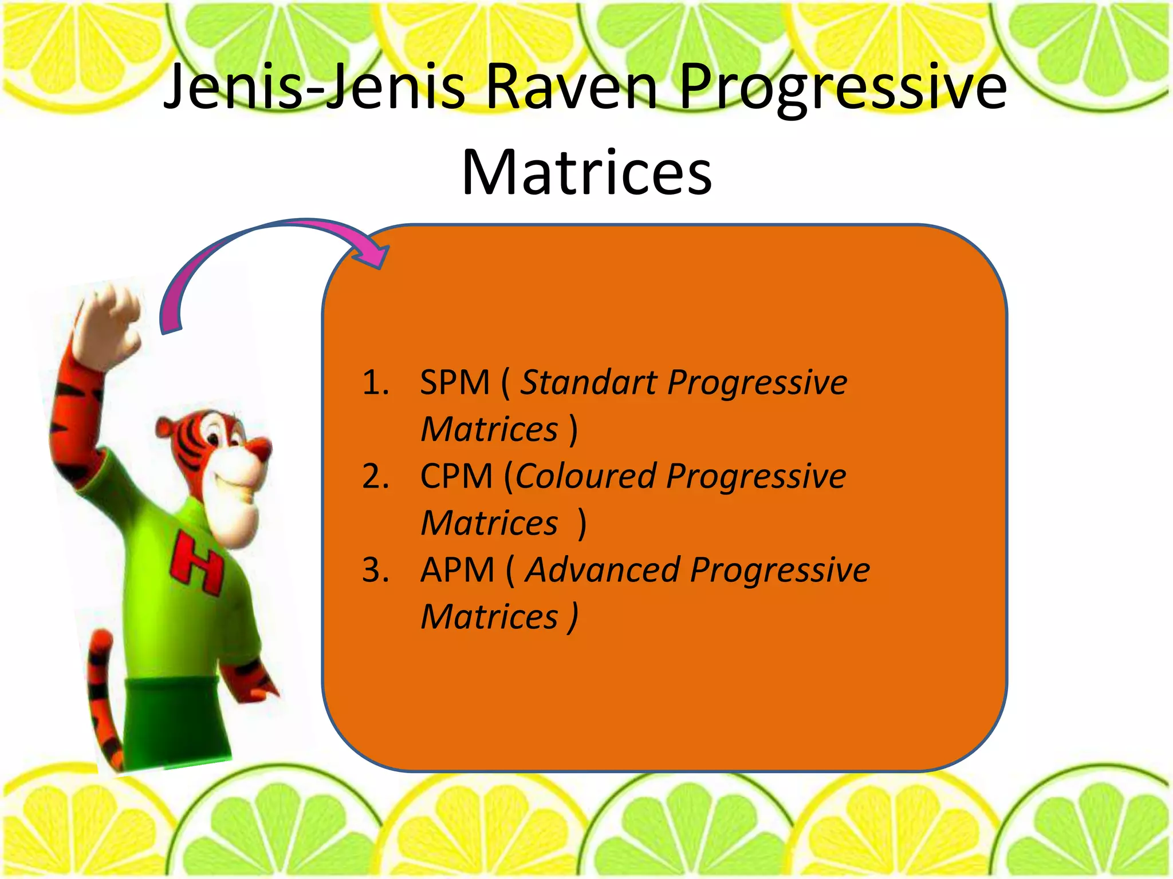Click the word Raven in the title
click(x=573, y=87)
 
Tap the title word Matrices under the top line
click(x=586, y=172)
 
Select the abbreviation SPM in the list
click(x=455, y=382)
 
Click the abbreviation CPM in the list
click(x=456, y=476)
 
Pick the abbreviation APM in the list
click(x=457, y=570)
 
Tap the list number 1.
click(x=375, y=382)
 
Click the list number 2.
click(x=375, y=476)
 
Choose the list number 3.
click(x=375, y=570)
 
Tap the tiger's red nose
click(x=261, y=446)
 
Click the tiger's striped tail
click(x=103, y=704)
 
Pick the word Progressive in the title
click(x=842, y=87)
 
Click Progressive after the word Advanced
click(x=780, y=570)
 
